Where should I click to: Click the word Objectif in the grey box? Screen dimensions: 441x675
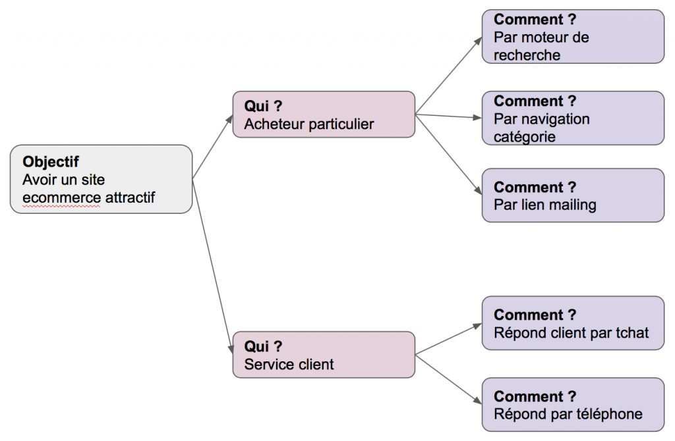point(51,161)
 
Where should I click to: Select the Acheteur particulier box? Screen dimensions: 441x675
point(324,114)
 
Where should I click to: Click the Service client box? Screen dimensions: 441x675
point(324,354)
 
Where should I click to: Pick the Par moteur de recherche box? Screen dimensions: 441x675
point(572,36)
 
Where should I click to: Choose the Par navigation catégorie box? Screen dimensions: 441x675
point(572,118)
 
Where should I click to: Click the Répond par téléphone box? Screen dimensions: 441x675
point(572,404)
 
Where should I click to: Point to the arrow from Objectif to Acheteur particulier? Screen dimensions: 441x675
point(212,147)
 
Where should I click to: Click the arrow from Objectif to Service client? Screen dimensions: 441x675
point(212,263)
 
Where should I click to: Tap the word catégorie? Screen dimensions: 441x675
point(525,137)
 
